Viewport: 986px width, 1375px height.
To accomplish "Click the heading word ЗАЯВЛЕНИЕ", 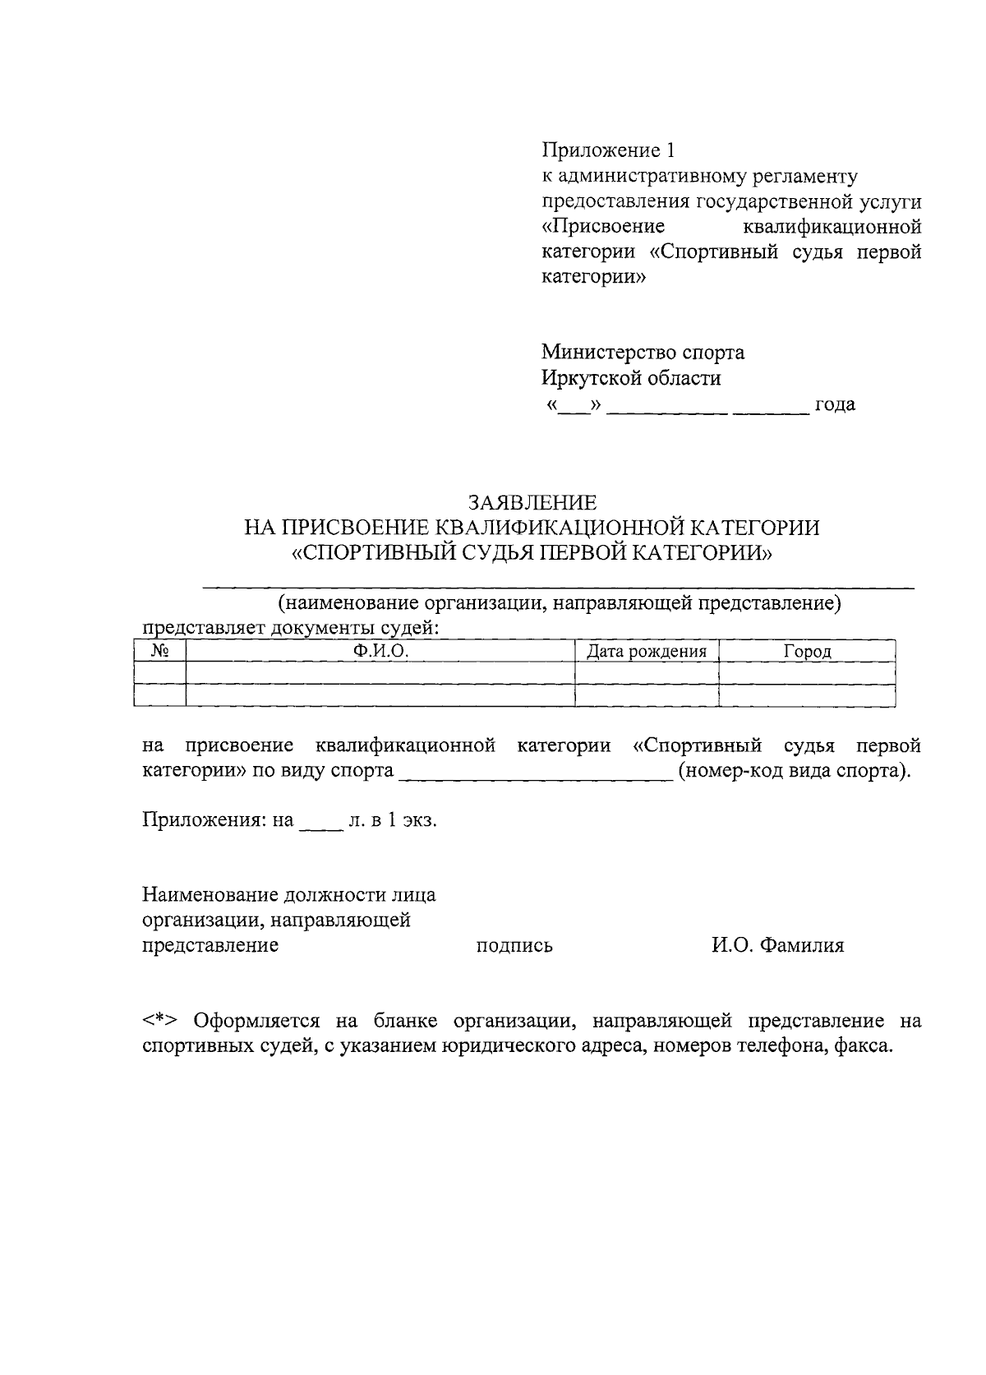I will pos(532,502).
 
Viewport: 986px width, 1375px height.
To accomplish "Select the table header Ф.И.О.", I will pos(380,652).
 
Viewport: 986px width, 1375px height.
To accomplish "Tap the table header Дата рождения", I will pos(647,652).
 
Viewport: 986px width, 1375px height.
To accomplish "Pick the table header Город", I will pos(807,652).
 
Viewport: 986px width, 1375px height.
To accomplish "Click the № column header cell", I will pos(160,652).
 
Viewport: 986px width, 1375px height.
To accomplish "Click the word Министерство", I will pos(609,353).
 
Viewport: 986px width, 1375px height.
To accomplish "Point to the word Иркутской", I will pos(589,378).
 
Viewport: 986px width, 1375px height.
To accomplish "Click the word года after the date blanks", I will pos(834,404).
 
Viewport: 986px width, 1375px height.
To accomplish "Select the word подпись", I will pos(514,946).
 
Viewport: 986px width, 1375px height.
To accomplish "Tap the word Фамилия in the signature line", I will pos(801,945).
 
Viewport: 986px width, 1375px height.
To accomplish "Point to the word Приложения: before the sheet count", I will pos(203,820).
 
